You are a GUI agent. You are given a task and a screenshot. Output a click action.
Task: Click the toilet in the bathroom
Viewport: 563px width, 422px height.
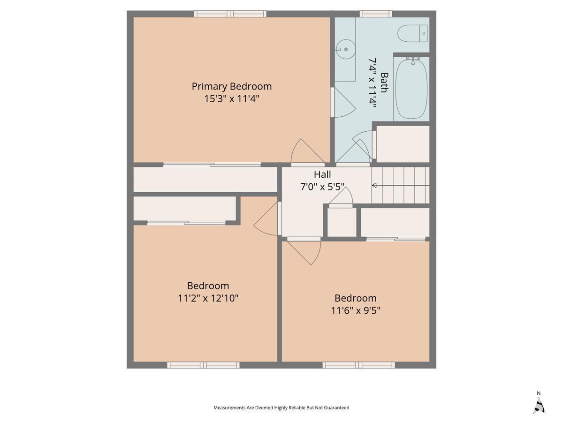click(x=412, y=33)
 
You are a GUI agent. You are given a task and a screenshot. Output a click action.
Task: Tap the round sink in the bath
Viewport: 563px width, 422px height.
click(x=345, y=49)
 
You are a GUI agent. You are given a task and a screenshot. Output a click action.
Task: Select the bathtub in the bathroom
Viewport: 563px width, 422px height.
click(x=411, y=89)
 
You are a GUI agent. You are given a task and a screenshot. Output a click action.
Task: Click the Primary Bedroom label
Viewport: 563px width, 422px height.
click(x=232, y=86)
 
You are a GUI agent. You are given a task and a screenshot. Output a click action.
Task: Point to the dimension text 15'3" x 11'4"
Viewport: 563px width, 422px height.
click(x=232, y=98)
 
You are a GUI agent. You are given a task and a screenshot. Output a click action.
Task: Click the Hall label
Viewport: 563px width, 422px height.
click(x=322, y=174)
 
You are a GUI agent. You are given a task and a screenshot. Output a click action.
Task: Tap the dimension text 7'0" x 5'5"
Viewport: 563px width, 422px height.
click(x=322, y=187)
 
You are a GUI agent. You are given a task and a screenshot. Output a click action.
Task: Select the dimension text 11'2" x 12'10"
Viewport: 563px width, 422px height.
click(x=208, y=298)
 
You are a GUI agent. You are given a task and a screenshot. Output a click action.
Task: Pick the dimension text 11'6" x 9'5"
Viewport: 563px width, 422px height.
click(x=356, y=310)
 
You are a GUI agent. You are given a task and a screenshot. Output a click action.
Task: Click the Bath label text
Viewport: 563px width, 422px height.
click(x=384, y=83)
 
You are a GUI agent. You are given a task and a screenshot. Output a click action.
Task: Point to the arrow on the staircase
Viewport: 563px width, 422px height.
click(x=400, y=185)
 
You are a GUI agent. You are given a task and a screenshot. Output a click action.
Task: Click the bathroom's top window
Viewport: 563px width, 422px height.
click(x=376, y=14)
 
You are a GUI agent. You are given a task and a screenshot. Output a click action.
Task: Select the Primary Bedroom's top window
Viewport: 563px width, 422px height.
click(x=230, y=14)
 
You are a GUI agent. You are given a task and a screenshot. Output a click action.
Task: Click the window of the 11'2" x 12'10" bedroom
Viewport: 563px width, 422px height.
click(x=204, y=365)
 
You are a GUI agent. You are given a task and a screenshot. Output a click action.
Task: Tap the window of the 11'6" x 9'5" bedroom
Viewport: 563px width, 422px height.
click(x=358, y=365)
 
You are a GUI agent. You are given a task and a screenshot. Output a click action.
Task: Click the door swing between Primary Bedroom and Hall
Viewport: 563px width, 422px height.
click(x=308, y=151)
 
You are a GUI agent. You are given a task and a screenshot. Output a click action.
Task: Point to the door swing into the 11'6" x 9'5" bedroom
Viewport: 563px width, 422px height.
click(x=304, y=252)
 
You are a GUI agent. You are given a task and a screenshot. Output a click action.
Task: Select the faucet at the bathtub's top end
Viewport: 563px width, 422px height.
click(x=413, y=61)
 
